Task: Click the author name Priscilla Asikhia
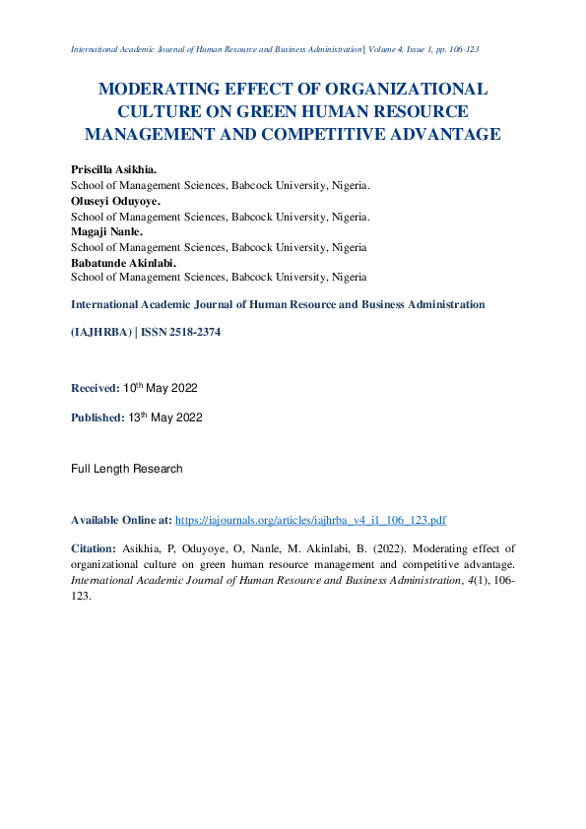point(114,170)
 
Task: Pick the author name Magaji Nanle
point(106,232)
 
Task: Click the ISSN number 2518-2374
point(193,333)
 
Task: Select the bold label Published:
point(98,417)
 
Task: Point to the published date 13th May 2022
point(165,417)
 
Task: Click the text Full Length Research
point(126,469)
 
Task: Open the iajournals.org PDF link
point(311,519)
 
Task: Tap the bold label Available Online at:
point(122,519)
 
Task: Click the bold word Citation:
point(94,547)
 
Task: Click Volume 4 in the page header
point(391,48)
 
